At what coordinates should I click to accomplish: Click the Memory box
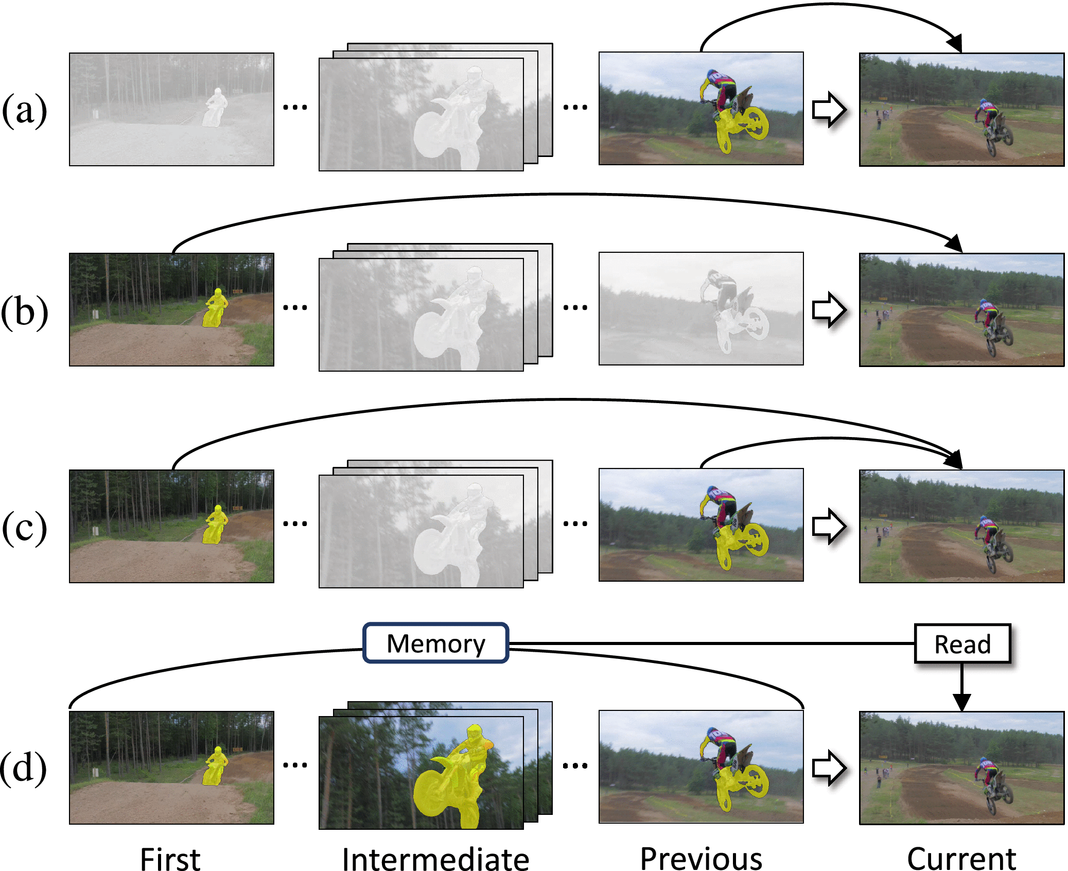pos(435,643)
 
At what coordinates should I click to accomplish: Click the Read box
pos(962,643)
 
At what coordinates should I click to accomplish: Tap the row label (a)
pos(24,110)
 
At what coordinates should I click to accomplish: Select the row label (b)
pos(24,311)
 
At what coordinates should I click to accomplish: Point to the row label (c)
pos(24,527)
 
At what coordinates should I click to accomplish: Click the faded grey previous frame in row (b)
pos(701,309)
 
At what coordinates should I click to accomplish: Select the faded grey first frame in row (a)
pos(171,109)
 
